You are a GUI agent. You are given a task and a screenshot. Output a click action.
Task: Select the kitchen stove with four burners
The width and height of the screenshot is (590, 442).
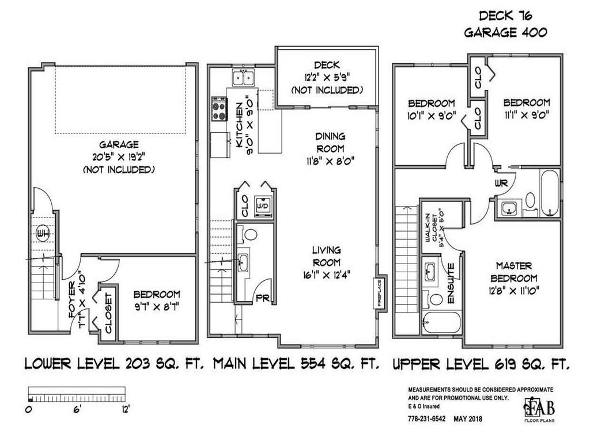[219, 108]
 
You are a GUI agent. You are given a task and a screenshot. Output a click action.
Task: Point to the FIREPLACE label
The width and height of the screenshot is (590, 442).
[380, 294]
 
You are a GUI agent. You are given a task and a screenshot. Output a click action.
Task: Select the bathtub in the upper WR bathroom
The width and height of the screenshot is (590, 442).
[550, 193]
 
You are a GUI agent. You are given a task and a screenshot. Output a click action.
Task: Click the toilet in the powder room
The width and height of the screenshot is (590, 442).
[251, 235]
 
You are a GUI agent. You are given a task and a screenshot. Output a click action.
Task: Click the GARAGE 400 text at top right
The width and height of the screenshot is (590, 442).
[505, 33]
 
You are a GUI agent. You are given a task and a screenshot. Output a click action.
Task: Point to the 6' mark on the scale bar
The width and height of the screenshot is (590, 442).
[76, 410]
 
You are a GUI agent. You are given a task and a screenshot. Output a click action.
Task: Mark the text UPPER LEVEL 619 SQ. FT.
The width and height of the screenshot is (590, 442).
[481, 364]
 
